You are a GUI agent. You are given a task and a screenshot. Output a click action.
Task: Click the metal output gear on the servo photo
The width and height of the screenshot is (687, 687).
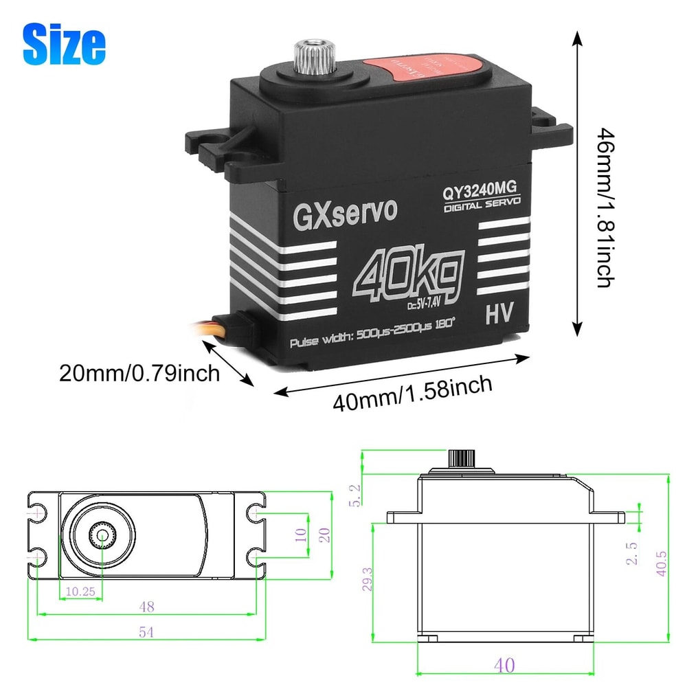[304, 55]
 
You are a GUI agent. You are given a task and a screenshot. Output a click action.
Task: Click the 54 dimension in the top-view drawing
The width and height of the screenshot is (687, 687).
[145, 633]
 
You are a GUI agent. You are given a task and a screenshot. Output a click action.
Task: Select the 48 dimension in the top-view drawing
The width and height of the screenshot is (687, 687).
[145, 606]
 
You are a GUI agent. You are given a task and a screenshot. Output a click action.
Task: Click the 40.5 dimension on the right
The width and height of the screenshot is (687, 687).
[661, 561]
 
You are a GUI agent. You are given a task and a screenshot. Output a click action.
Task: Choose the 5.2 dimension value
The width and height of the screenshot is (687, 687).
[354, 495]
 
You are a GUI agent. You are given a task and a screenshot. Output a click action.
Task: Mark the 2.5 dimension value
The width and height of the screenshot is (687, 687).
[633, 553]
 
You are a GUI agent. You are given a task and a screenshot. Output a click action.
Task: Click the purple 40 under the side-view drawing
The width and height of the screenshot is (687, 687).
[503, 665]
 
